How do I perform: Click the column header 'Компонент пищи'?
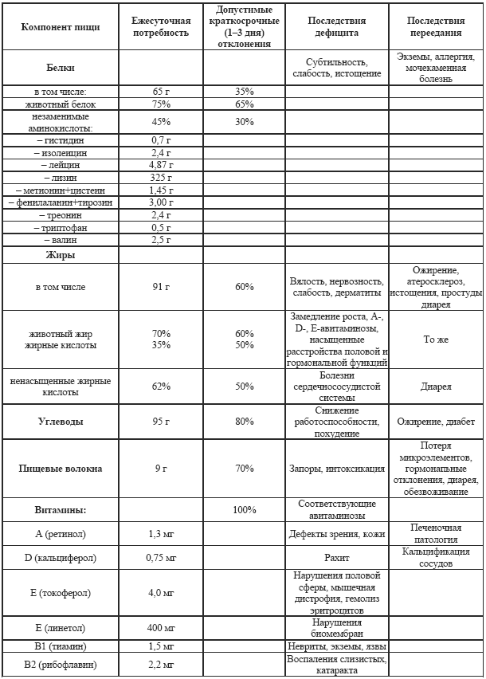tap(60, 26)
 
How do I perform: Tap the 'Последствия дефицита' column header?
tap(336, 26)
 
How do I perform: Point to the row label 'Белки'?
tap(60, 68)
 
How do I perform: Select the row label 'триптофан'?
tap(60, 227)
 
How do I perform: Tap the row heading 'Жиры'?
tap(60, 255)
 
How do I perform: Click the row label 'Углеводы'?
tap(60, 421)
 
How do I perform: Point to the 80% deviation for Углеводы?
tap(245, 421)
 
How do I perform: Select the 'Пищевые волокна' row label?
tap(60, 469)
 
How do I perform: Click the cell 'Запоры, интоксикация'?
tap(336, 469)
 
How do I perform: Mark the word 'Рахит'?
tap(336, 558)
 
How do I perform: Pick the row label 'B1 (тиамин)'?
tap(60, 646)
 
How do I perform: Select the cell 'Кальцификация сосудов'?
tap(436, 557)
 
